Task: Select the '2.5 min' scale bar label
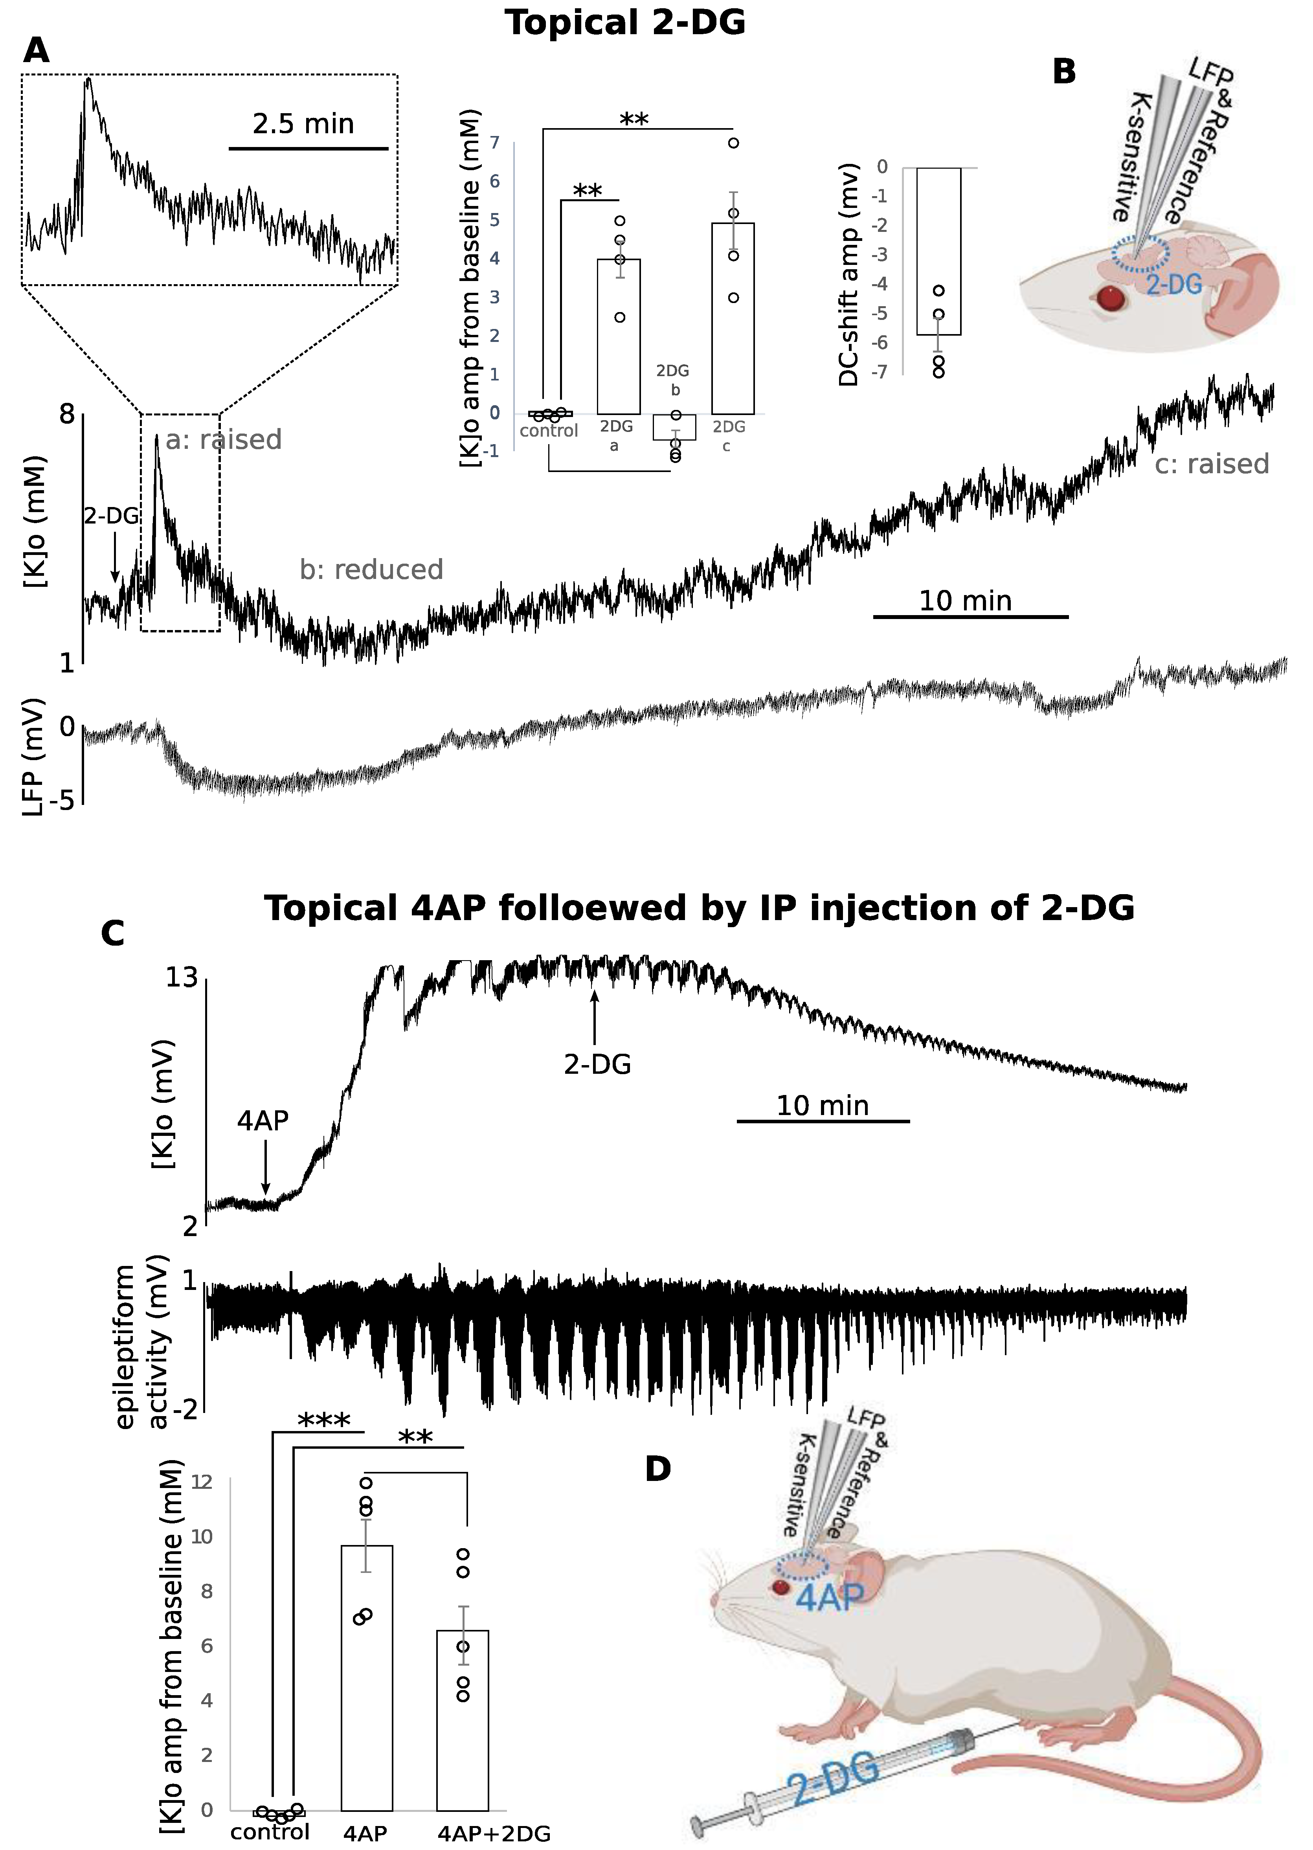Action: click(303, 124)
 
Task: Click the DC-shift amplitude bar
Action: click(938, 251)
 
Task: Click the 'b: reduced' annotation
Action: click(371, 570)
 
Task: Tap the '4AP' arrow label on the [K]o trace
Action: click(263, 1121)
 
